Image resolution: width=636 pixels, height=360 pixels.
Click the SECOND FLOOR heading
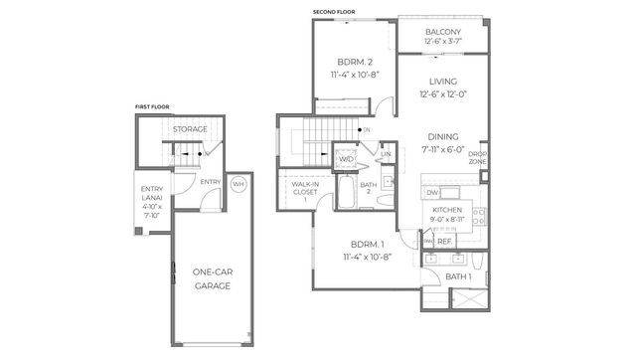coord(334,12)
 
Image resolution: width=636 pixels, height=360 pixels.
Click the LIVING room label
coord(442,82)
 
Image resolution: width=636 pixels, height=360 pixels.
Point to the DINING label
coord(442,137)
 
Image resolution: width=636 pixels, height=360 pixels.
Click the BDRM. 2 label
coord(347,63)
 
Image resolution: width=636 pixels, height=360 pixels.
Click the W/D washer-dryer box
coord(346,158)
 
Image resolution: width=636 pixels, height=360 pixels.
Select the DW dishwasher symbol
coord(432,192)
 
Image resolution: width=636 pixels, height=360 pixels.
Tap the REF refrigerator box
coord(444,240)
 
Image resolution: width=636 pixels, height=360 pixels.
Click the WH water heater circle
coord(238,184)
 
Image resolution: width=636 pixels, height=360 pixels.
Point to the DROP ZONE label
coord(478,156)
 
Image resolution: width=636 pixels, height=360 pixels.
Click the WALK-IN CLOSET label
coord(304,191)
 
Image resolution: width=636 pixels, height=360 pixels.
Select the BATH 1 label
coord(458,275)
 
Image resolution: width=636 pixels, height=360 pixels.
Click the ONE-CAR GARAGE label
coord(212,277)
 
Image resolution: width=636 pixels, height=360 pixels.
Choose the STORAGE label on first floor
coord(190,129)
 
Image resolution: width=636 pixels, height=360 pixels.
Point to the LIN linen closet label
coord(386,154)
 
